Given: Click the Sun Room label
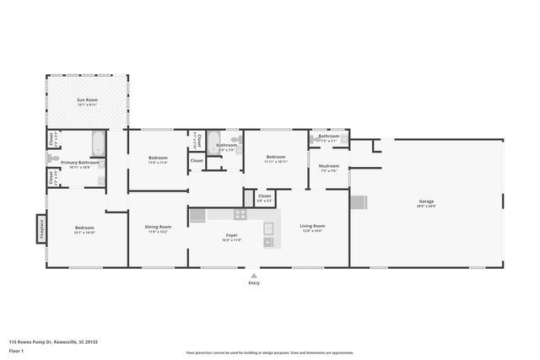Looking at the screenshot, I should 88,100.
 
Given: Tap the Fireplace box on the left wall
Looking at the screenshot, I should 39,230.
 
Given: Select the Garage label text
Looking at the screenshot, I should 427,202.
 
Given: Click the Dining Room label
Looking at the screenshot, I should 158,228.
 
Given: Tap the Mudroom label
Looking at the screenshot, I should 329,166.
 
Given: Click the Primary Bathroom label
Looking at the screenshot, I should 75,162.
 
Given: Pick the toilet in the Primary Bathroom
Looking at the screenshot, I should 53,158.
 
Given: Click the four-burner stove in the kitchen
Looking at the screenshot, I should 197,216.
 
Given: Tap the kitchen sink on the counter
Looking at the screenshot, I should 268,228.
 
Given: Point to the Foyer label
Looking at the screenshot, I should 231,235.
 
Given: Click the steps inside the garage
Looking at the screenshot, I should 360,203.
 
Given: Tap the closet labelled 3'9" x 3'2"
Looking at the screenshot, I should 264,197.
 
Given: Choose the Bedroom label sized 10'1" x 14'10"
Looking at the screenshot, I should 84,228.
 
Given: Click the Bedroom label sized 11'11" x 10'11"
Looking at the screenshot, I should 277,158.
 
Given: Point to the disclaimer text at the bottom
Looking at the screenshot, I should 270,352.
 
